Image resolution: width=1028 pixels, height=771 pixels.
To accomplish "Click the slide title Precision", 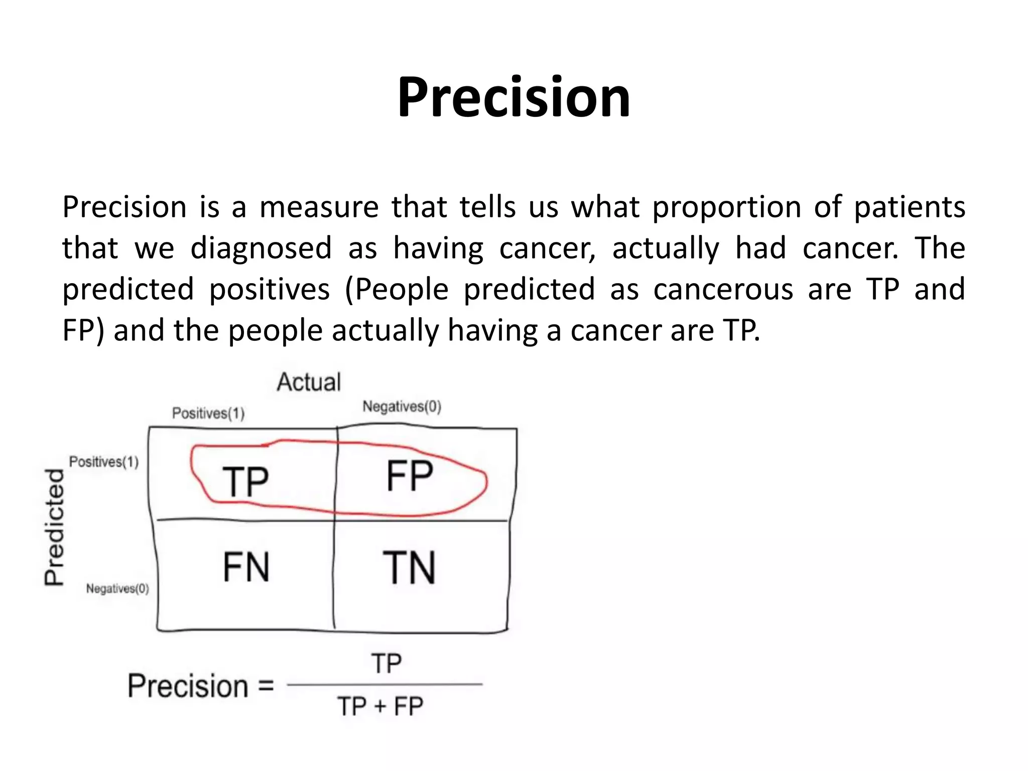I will [x=513, y=97].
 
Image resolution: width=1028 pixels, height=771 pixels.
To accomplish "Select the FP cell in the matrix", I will [x=410, y=476].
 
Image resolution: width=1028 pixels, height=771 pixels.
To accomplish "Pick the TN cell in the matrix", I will [x=409, y=568].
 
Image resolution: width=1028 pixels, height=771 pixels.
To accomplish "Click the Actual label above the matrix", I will [x=309, y=382].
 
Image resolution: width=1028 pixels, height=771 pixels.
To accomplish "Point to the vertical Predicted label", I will [x=55, y=527].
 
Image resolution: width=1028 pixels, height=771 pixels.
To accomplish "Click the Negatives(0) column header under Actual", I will [x=402, y=407].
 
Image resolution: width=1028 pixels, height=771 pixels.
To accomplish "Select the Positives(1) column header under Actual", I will [x=208, y=413].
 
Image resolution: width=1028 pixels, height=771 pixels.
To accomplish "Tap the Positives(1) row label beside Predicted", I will [x=104, y=462].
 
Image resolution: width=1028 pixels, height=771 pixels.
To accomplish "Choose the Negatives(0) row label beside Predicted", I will [x=117, y=588].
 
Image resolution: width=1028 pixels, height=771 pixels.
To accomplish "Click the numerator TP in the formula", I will [x=386, y=664].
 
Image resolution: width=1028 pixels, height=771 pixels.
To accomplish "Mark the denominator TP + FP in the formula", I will [x=380, y=706].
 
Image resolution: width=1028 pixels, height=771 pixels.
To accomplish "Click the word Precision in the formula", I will [x=188, y=686].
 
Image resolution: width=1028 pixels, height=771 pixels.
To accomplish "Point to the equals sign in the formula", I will [x=266, y=686].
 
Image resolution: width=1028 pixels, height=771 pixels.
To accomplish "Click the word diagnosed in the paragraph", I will [x=261, y=248].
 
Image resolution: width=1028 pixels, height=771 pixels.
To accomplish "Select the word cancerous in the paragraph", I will [x=723, y=290].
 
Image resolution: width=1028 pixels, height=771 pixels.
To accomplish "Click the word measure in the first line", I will [x=319, y=207].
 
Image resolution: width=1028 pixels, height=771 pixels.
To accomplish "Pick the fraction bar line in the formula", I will [x=384, y=684].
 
